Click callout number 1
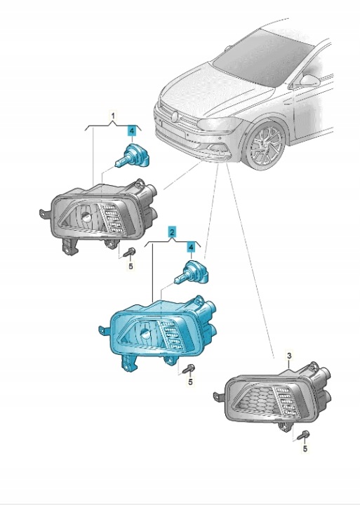pos(113,115)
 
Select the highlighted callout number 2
pos(172,232)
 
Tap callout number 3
pos(289,356)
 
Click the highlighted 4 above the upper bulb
pos(131,131)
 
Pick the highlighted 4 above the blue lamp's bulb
pos(191,248)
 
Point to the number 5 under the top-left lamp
pos(131,266)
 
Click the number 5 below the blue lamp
pos(190,382)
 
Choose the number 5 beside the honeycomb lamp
pos(305,448)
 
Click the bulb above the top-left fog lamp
pos(133,156)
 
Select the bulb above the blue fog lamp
pos(192,274)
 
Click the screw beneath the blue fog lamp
pos(189,369)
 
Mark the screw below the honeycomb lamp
pos(303,435)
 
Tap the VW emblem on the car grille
pos(175,116)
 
